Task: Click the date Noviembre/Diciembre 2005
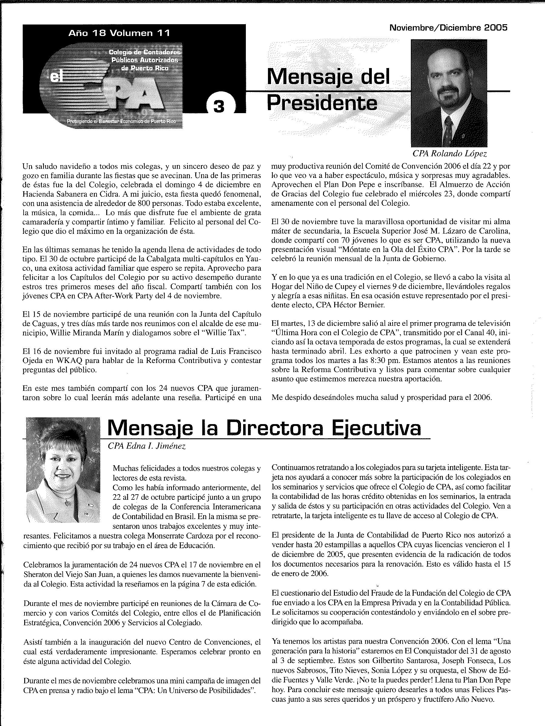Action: tap(448, 28)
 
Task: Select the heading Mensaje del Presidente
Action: tap(328, 90)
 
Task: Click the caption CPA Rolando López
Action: tap(450, 153)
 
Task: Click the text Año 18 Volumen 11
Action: tap(119, 33)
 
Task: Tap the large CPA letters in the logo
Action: tap(133, 96)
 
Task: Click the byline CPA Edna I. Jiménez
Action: tap(147, 446)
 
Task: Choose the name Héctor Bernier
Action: tap(352, 305)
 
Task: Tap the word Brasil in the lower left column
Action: tap(185, 516)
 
